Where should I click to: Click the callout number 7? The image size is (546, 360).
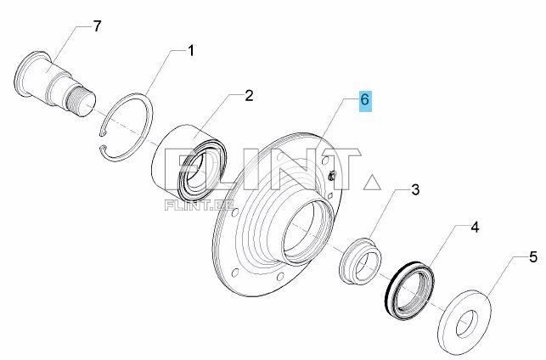point(97,26)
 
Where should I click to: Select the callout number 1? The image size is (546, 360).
point(190,50)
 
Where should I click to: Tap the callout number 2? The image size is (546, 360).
point(249,95)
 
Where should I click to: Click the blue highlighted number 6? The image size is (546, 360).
point(365,100)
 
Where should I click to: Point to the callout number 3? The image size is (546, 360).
point(415,190)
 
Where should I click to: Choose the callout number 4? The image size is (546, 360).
point(475,228)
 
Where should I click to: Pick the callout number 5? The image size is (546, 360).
point(533,257)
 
